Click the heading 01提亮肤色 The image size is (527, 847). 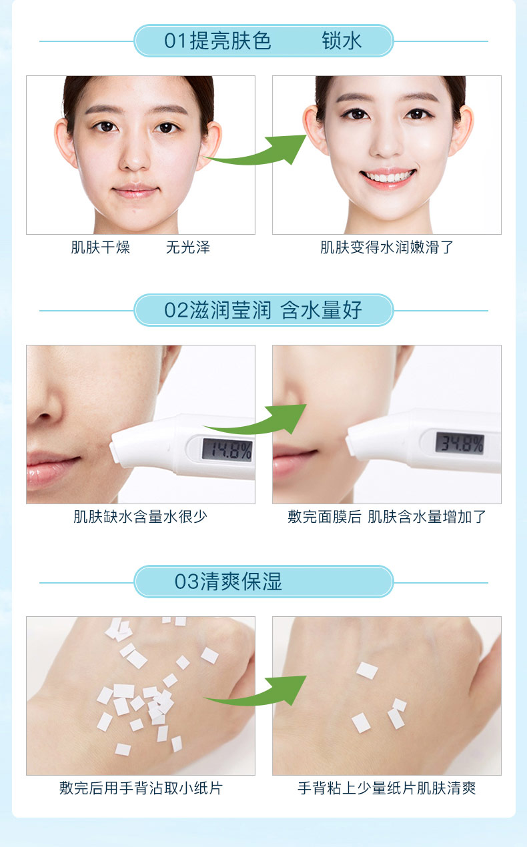217,41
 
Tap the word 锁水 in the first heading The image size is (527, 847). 342,41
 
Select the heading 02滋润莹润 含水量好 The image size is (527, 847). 263,310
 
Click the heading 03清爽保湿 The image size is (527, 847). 228,582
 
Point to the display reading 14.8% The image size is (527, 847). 227,450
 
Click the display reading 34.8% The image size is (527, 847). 460,443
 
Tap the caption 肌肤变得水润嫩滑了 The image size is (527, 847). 387,247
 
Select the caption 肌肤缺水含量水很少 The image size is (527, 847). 140,516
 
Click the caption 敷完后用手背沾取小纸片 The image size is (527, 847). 141,788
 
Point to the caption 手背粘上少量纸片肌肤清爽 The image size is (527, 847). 387,788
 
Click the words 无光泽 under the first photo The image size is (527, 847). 188,247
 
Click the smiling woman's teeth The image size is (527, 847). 388,177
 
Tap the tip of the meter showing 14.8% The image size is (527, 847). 112,451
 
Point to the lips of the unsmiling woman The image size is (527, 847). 135,191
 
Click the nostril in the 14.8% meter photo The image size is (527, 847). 44,417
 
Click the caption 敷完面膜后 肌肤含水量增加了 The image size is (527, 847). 387,516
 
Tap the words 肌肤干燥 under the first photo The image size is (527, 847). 101,247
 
